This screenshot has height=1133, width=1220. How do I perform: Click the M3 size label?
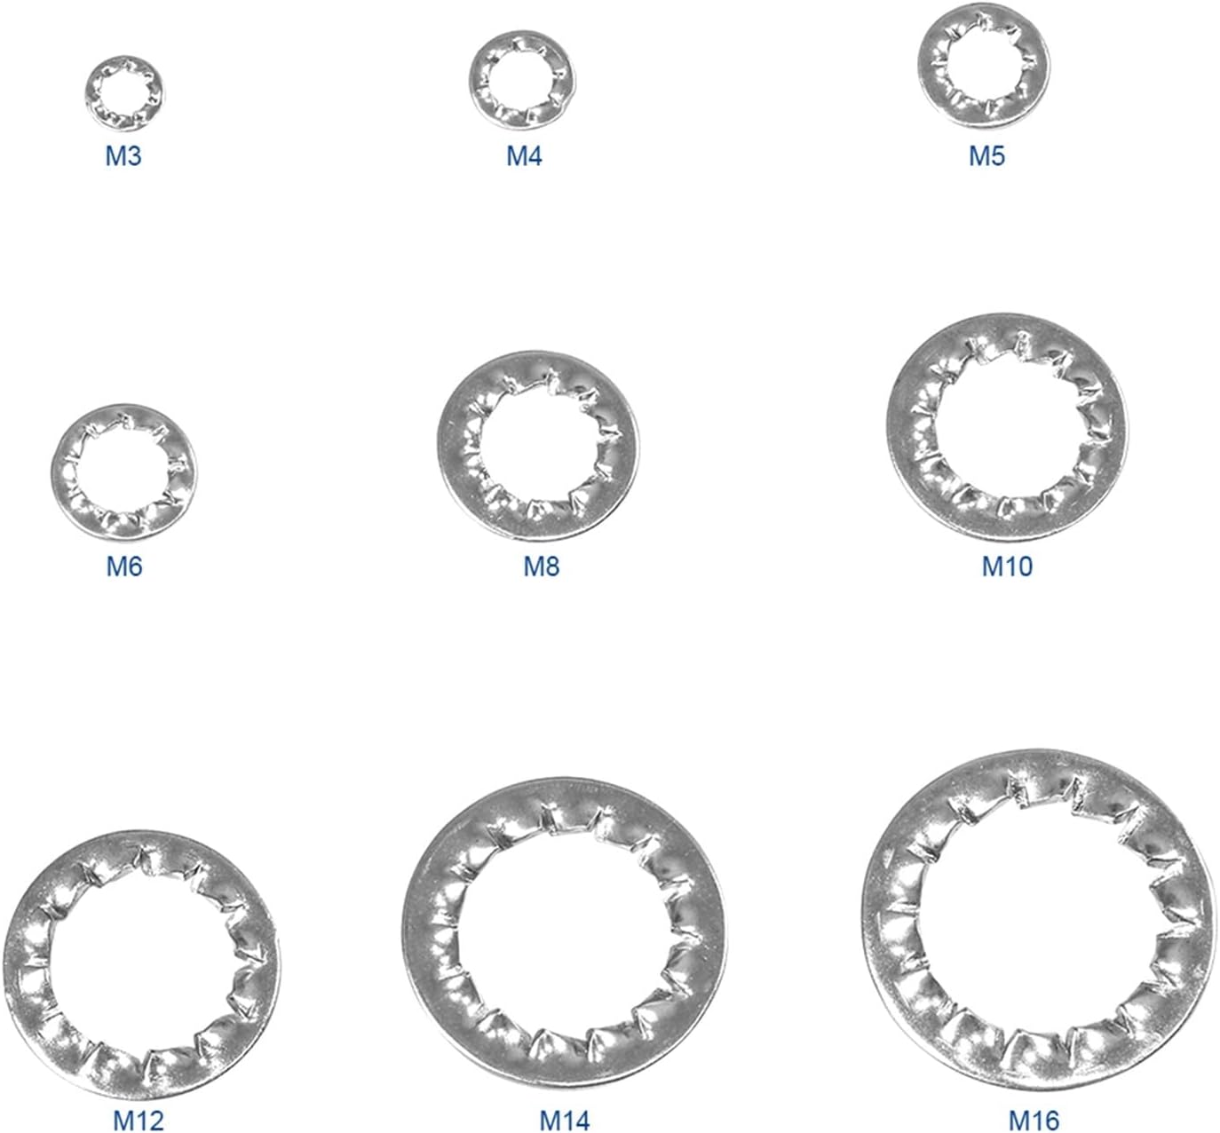tap(123, 156)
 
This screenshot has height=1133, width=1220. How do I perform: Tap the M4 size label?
tap(524, 156)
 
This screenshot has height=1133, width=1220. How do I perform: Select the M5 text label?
tap(986, 156)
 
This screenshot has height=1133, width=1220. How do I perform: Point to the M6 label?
tap(123, 566)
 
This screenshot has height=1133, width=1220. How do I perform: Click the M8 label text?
tap(541, 566)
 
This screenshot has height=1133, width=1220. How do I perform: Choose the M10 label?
tap(1007, 566)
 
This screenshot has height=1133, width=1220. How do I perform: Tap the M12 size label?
tap(139, 1121)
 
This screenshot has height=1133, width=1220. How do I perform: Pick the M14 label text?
tap(565, 1121)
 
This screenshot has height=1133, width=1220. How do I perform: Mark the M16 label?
tap(1034, 1121)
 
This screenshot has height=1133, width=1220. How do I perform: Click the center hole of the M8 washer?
tap(538, 446)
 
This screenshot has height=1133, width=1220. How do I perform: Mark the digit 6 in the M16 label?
tap(1051, 1121)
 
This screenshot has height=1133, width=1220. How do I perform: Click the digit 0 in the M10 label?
tap(1024, 566)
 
